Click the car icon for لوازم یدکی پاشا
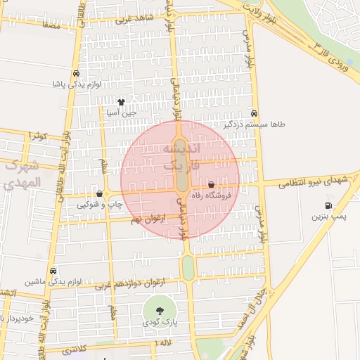[76, 73]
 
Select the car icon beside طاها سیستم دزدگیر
[254, 113]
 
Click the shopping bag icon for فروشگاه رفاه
[211, 185]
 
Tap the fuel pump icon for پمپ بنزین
[328, 205]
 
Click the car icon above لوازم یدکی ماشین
[53, 271]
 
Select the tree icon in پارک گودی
[160, 311]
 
